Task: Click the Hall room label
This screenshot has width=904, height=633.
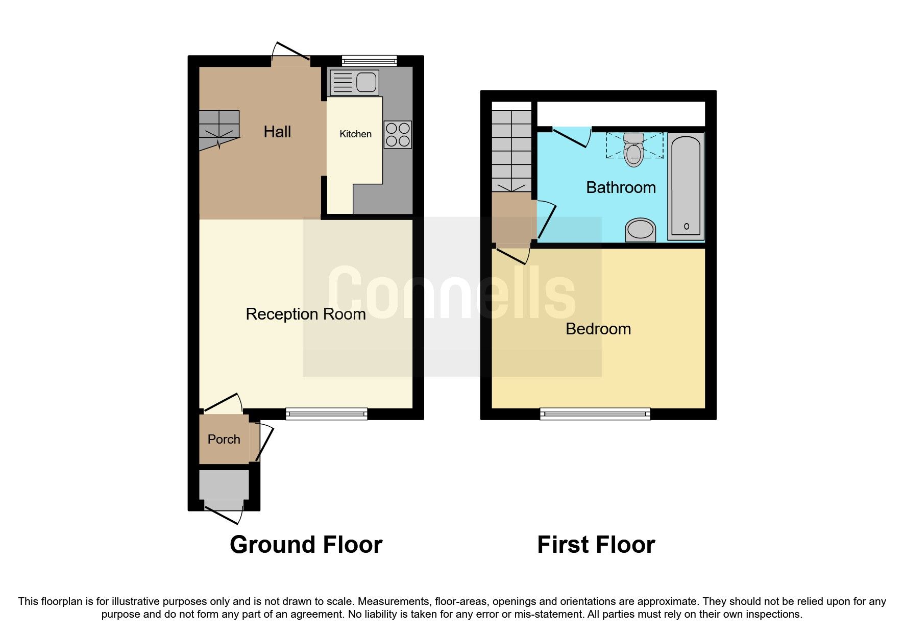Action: (277, 132)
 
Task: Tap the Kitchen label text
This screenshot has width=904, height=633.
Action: (355, 134)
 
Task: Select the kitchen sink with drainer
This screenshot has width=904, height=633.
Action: (355, 83)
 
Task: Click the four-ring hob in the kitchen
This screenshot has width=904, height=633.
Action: (398, 134)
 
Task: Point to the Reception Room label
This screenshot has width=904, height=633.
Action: (305, 314)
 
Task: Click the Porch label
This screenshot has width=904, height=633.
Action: (224, 439)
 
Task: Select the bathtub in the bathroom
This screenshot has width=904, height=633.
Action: (687, 186)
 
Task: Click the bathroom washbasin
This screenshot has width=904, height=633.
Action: (641, 230)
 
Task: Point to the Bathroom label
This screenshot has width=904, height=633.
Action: (621, 187)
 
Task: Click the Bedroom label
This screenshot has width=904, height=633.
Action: (598, 329)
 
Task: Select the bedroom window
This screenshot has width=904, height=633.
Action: (595, 413)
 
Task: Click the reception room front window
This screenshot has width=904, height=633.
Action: (326, 413)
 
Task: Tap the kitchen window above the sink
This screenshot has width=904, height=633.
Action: (369, 61)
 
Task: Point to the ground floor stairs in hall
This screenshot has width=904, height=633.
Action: (218, 130)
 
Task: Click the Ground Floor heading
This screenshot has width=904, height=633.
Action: (306, 545)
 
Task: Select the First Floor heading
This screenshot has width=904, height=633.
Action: (596, 545)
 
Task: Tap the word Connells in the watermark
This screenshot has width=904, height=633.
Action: (451, 294)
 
